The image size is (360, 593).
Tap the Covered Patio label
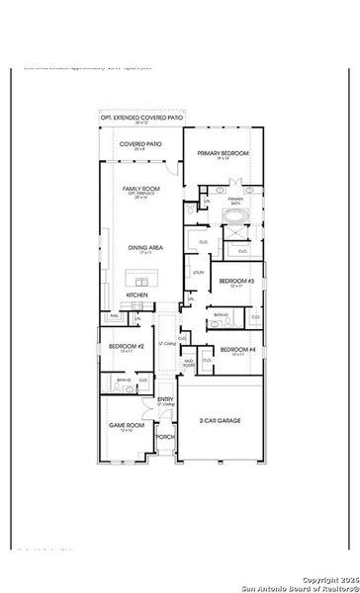141,144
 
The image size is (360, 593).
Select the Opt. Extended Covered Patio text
142,118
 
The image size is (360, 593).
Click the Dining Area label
144,248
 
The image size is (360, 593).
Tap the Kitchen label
137,295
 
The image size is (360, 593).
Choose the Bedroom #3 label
237,281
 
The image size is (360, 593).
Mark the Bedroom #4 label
237,350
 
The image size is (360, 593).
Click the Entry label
166,399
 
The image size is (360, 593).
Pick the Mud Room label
188,364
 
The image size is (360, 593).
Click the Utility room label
199,271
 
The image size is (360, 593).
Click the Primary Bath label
235,200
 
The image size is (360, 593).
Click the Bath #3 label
220,315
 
